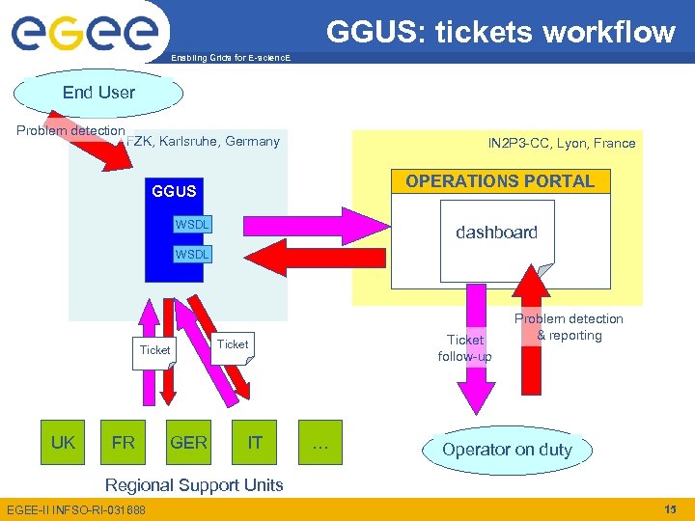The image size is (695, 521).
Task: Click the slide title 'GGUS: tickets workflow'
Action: point(500,32)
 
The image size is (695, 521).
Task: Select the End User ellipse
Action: point(98,93)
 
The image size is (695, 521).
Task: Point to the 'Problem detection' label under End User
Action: point(70,130)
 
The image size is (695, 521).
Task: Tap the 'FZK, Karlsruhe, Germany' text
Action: point(204,142)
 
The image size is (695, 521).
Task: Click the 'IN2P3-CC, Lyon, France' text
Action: point(561,143)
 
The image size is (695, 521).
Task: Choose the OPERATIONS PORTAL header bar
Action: point(500,181)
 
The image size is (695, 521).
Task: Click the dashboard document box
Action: point(497,233)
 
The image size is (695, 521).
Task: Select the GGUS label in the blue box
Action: point(174,191)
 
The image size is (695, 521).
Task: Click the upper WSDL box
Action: point(192,226)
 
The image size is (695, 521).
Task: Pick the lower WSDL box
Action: point(192,254)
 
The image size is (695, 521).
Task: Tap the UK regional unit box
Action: point(63,442)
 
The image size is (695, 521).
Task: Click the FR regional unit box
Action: point(123,442)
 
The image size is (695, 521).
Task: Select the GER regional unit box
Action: point(188,442)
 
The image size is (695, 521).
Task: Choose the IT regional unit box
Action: point(255,442)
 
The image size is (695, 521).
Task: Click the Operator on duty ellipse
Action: point(507,450)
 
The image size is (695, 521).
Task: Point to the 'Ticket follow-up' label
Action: point(464,348)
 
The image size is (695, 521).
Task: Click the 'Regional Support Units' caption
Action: point(194,484)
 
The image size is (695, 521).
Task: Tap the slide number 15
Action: point(670,508)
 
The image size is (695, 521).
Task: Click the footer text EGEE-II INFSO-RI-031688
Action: point(75,509)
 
